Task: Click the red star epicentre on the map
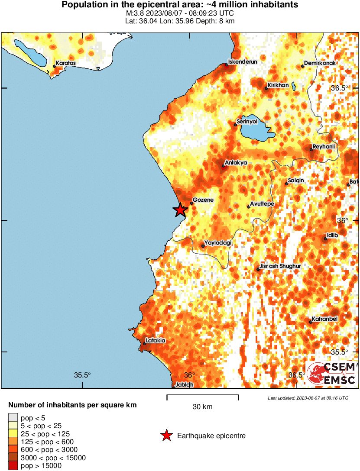tap(180, 210)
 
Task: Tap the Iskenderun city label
tap(243, 62)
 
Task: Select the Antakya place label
tap(236, 163)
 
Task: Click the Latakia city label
tap(156, 341)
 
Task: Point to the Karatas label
tap(65, 63)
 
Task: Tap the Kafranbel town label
tap(324, 319)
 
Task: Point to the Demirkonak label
tap(320, 63)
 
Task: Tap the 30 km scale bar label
tap(202, 407)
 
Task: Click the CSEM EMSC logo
tap(332, 374)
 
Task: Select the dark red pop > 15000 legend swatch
tap(13, 466)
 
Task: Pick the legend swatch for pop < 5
tap(13, 418)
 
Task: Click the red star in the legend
tap(166, 436)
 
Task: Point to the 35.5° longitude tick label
tap(82, 375)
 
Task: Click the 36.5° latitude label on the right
tap(340, 88)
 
